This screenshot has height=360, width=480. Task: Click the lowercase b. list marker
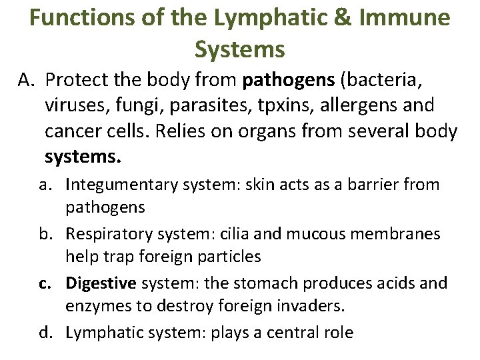pos(45,234)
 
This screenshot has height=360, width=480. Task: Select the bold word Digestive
pos(101,283)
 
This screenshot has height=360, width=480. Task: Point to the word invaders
pos(317,307)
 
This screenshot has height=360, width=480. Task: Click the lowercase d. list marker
pos(45,333)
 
